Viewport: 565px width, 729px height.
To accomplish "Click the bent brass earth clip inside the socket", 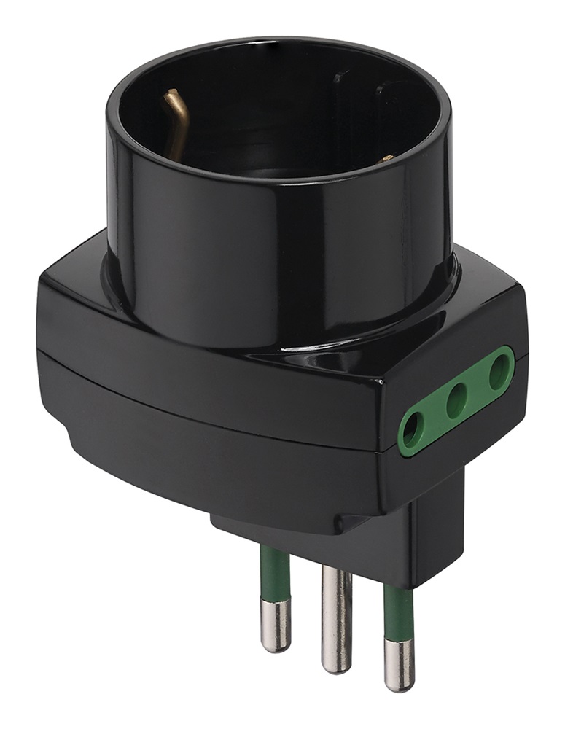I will coord(176,120).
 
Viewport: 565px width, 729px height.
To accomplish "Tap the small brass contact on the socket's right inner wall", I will coord(387,157).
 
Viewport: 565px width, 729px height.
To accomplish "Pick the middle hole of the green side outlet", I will coord(456,399).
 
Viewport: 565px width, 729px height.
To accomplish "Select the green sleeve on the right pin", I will coord(398,612).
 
